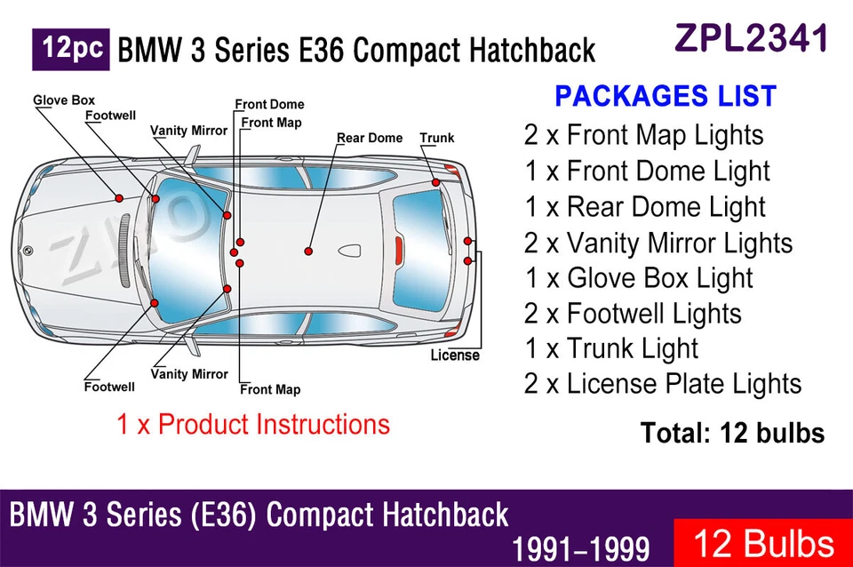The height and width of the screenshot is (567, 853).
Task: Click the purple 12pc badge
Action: (x=71, y=49)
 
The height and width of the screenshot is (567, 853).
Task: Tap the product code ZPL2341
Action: (x=752, y=38)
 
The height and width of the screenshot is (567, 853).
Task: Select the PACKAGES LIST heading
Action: (x=666, y=96)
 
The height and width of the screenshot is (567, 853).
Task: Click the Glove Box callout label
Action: (x=64, y=100)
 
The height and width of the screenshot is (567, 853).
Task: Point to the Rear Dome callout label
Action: (x=370, y=138)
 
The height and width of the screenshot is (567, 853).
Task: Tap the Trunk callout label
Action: (x=436, y=138)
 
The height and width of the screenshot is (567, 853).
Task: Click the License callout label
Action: (x=455, y=355)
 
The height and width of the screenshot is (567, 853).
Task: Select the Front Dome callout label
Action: (x=270, y=105)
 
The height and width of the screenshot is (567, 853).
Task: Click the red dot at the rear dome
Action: (x=308, y=252)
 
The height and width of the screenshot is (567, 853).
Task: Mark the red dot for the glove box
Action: (x=118, y=196)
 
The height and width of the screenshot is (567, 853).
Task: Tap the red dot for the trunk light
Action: (x=436, y=183)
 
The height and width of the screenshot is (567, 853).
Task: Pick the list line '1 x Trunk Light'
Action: (x=611, y=348)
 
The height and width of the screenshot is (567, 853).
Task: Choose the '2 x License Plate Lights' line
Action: (x=663, y=384)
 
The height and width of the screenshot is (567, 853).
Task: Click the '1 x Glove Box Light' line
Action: (x=638, y=277)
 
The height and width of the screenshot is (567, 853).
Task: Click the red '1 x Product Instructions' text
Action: (x=253, y=424)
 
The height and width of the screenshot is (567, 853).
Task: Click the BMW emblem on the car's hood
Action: (x=28, y=251)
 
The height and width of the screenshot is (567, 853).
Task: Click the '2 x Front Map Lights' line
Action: (x=643, y=135)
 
